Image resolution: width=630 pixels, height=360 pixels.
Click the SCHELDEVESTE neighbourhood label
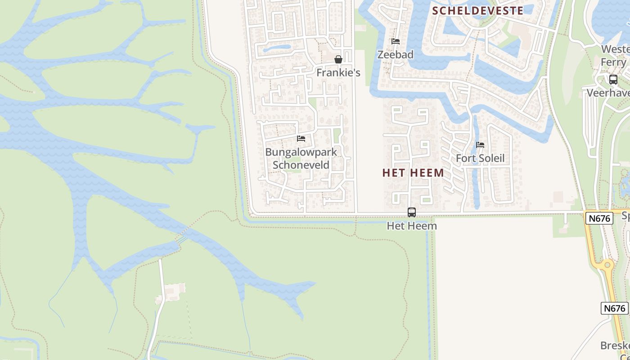tap(477, 11)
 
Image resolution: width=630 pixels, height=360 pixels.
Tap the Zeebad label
tap(395, 54)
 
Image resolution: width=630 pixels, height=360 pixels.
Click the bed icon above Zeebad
tap(396, 41)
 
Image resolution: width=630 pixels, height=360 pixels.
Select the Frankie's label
tap(338, 72)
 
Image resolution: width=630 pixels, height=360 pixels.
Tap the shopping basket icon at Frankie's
tap(338, 59)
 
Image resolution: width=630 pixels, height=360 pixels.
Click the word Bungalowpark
tap(301, 152)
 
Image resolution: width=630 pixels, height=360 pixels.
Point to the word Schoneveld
tap(301, 165)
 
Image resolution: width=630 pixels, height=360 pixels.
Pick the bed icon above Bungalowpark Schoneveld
tap(301, 139)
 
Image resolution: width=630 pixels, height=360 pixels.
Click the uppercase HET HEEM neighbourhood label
tap(413, 173)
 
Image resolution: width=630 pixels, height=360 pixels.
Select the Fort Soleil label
tap(480, 158)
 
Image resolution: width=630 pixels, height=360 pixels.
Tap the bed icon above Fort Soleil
tap(480, 145)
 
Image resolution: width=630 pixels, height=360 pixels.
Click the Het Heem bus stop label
tap(412, 226)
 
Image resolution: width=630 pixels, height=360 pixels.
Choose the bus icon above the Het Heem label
tap(412, 212)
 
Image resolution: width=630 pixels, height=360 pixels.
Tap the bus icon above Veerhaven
tap(613, 80)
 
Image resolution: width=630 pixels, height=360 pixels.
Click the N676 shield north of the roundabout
tap(600, 219)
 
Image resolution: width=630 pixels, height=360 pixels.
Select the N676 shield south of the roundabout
tap(614, 308)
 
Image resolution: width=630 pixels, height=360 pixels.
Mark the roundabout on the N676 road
tap(607, 265)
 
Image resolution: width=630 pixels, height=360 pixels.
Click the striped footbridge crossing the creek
tap(181, 239)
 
